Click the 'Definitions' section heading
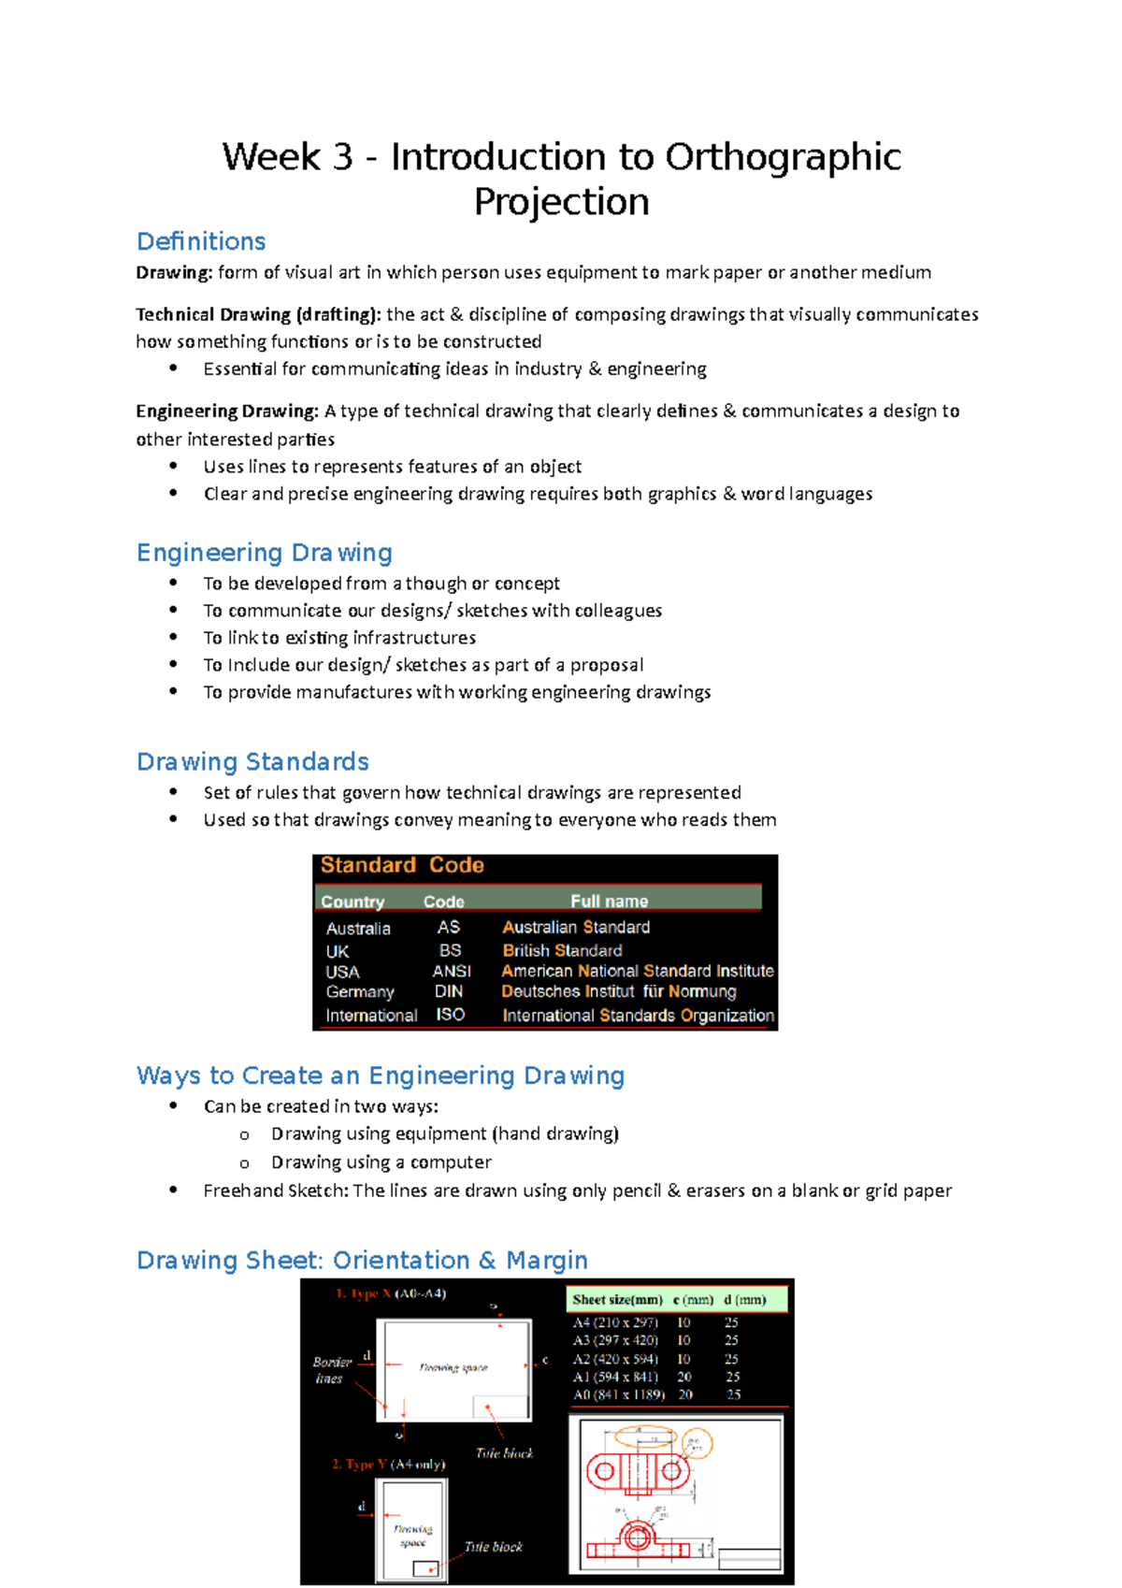click(201, 241)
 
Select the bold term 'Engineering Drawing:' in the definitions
click(227, 411)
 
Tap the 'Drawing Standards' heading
click(252, 761)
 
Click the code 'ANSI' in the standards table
click(451, 971)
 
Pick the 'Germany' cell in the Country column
click(360, 991)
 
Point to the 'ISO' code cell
click(450, 1015)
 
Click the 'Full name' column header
click(609, 902)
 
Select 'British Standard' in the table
click(562, 950)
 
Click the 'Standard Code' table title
click(402, 865)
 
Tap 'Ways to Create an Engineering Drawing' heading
click(380, 1076)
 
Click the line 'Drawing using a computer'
click(381, 1162)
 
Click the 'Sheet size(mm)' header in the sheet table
click(617, 1300)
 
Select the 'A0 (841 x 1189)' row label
click(618, 1394)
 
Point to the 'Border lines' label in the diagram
click(331, 1370)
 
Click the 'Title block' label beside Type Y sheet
click(493, 1547)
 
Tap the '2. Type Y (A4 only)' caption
click(388, 1464)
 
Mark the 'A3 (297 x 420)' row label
click(615, 1340)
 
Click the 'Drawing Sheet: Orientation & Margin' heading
click(362, 1260)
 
